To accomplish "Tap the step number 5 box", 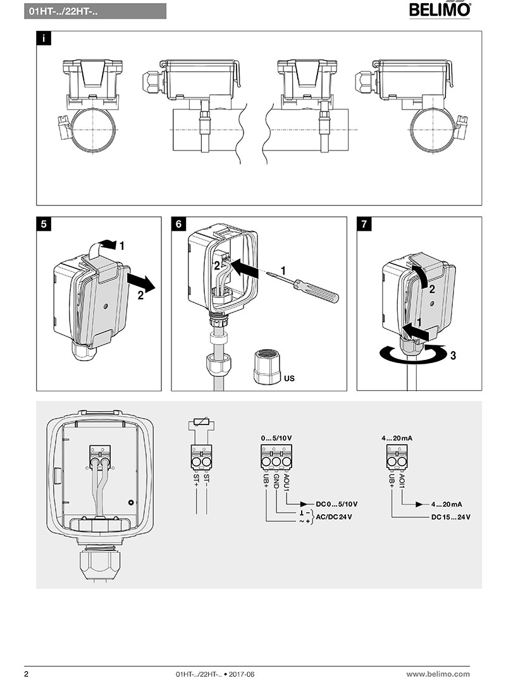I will pos(43,225).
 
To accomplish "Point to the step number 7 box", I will pos(364,225).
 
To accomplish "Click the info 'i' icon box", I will pos(43,39).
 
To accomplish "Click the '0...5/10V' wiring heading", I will pos(277,438).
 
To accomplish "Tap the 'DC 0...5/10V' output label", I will pos(336,504).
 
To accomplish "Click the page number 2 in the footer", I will pos(26,674).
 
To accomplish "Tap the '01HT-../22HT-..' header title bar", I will pos(96,11).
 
